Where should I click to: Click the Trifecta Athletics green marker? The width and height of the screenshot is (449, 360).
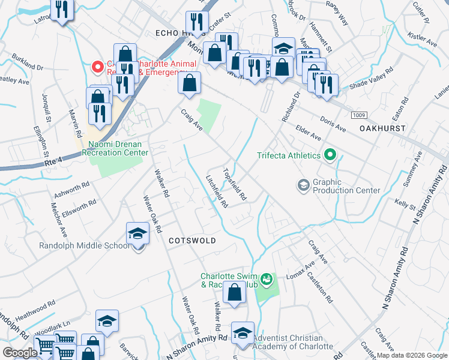pos(330,156)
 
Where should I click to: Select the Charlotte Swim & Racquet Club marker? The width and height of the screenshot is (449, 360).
pos(267,280)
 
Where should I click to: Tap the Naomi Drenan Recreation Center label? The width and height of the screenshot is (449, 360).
pos(118,148)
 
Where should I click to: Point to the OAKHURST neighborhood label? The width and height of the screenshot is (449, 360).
pos(382,128)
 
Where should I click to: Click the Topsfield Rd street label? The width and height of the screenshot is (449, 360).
pos(235,184)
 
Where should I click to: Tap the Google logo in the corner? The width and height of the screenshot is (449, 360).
pos(20,353)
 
